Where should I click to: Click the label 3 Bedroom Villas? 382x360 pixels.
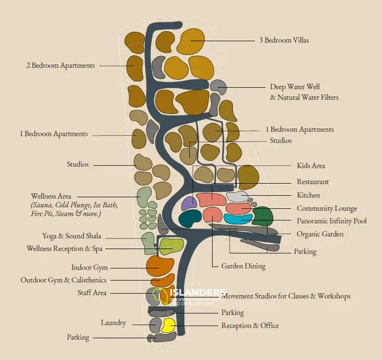pos(286,40)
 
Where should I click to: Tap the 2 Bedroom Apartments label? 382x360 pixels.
pos(61,65)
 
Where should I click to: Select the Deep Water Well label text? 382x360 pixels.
pos(295,87)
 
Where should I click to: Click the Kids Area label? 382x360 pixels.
pos(311,165)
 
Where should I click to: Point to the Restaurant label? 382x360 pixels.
pos(313,182)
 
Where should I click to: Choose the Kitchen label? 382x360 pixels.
pos(308,195)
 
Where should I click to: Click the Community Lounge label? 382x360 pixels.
pos(327,208)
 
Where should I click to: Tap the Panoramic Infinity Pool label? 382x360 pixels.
pos(331,221)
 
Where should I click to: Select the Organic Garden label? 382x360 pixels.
pos(320,234)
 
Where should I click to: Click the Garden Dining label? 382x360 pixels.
pos(243,266)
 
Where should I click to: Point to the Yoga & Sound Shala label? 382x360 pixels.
pos(71,236)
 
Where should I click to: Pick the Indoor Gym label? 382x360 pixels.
pos(89,268)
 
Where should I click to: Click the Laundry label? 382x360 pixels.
pos(113,323)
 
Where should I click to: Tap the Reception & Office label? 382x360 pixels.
pos(249,326)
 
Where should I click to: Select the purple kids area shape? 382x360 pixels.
pos(189,203)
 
